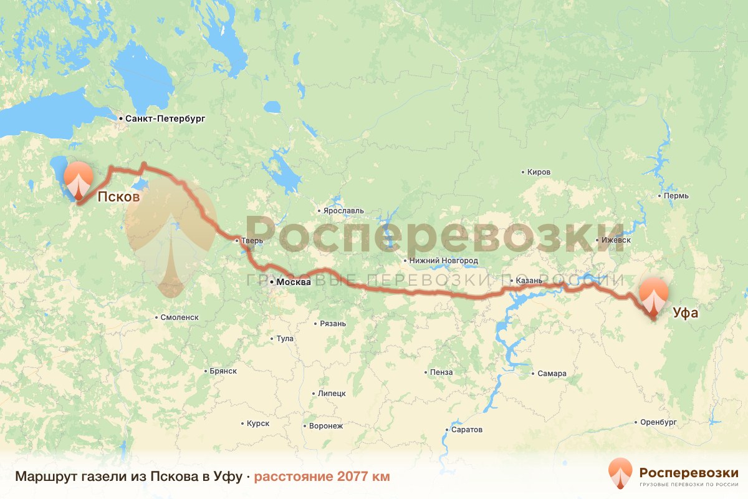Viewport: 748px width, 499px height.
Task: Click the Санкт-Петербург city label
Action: tap(165, 118)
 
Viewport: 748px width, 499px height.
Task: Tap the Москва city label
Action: tap(293, 282)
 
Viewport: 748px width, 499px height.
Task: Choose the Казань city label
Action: tap(530, 281)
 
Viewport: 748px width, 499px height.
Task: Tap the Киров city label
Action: tap(539, 172)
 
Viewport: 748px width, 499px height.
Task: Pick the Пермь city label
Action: tap(676, 196)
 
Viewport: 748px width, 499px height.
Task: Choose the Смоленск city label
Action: tap(180, 317)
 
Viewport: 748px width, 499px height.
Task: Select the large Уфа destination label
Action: tap(685, 312)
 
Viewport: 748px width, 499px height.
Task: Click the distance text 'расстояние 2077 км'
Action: tap(322, 477)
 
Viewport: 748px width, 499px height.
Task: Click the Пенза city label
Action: tap(441, 372)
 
